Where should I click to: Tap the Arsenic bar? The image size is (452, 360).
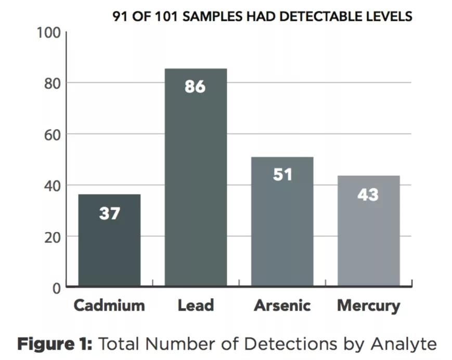coord(282,229)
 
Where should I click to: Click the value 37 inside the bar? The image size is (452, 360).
coord(109,213)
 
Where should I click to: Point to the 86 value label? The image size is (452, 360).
coord(195,86)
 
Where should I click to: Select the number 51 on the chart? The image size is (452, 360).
coord(282,174)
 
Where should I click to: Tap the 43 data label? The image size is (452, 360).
coord(368,195)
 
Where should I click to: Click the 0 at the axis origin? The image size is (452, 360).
coord(57,288)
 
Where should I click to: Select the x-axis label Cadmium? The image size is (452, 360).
coord(109,305)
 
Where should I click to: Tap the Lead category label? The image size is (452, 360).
coord(196,305)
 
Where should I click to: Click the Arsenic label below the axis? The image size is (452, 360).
coord(282,305)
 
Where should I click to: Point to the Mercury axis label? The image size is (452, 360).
coord(368,305)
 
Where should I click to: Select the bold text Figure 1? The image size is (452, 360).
coord(55,344)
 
